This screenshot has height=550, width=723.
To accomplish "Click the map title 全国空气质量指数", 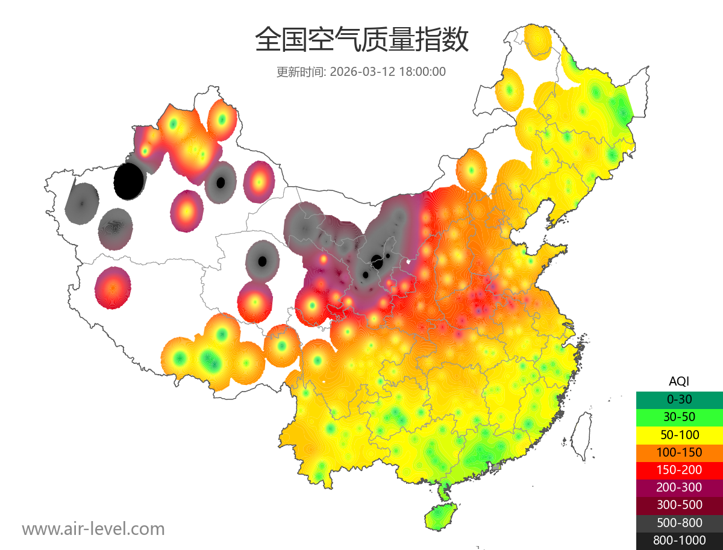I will [x=361, y=40].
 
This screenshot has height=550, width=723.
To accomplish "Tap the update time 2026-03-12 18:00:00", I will [x=388, y=72].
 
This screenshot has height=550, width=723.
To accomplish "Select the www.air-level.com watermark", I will [x=93, y=529].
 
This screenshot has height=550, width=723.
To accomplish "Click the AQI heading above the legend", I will [x=679, y=381].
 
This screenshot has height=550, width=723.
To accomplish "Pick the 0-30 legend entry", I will [x=679, y=399].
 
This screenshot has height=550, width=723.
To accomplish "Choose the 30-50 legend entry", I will [x=679, y=417].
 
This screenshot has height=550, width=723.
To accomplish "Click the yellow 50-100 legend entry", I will [x=679, y=434].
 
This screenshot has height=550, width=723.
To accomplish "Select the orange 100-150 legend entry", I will [x=679, y=452].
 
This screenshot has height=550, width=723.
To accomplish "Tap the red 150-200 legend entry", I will [x=679, y=470].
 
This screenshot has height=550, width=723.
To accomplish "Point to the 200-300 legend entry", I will [x=679, y=487].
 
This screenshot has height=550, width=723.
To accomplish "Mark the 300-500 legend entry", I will [x=679, y=505].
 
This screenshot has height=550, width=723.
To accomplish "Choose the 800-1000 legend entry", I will [x=679, y=540].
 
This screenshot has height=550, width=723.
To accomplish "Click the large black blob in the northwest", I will [x=128, y=181].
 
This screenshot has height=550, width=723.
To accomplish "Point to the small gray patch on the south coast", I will [x=496, y=466].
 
